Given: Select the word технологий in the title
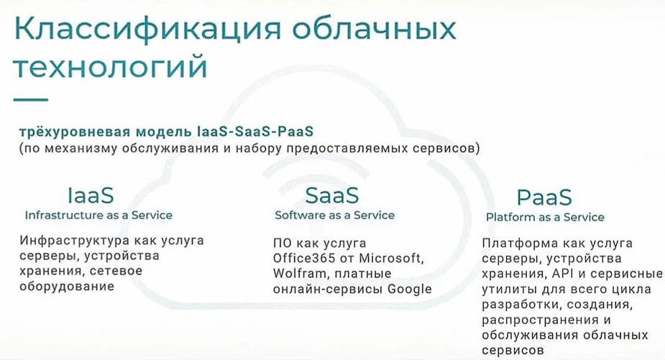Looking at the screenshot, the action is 111,67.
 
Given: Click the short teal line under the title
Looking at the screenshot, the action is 31,100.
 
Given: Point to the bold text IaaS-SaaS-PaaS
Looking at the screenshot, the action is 255,131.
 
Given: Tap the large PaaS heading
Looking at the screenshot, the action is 544,197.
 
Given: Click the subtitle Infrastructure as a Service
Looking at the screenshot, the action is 98,215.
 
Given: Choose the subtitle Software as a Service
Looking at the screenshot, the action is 334,215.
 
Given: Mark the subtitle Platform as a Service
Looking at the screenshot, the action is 545,217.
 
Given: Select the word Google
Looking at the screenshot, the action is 410,289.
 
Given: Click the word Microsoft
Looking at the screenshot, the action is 391,258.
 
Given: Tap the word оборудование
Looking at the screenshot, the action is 67,286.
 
